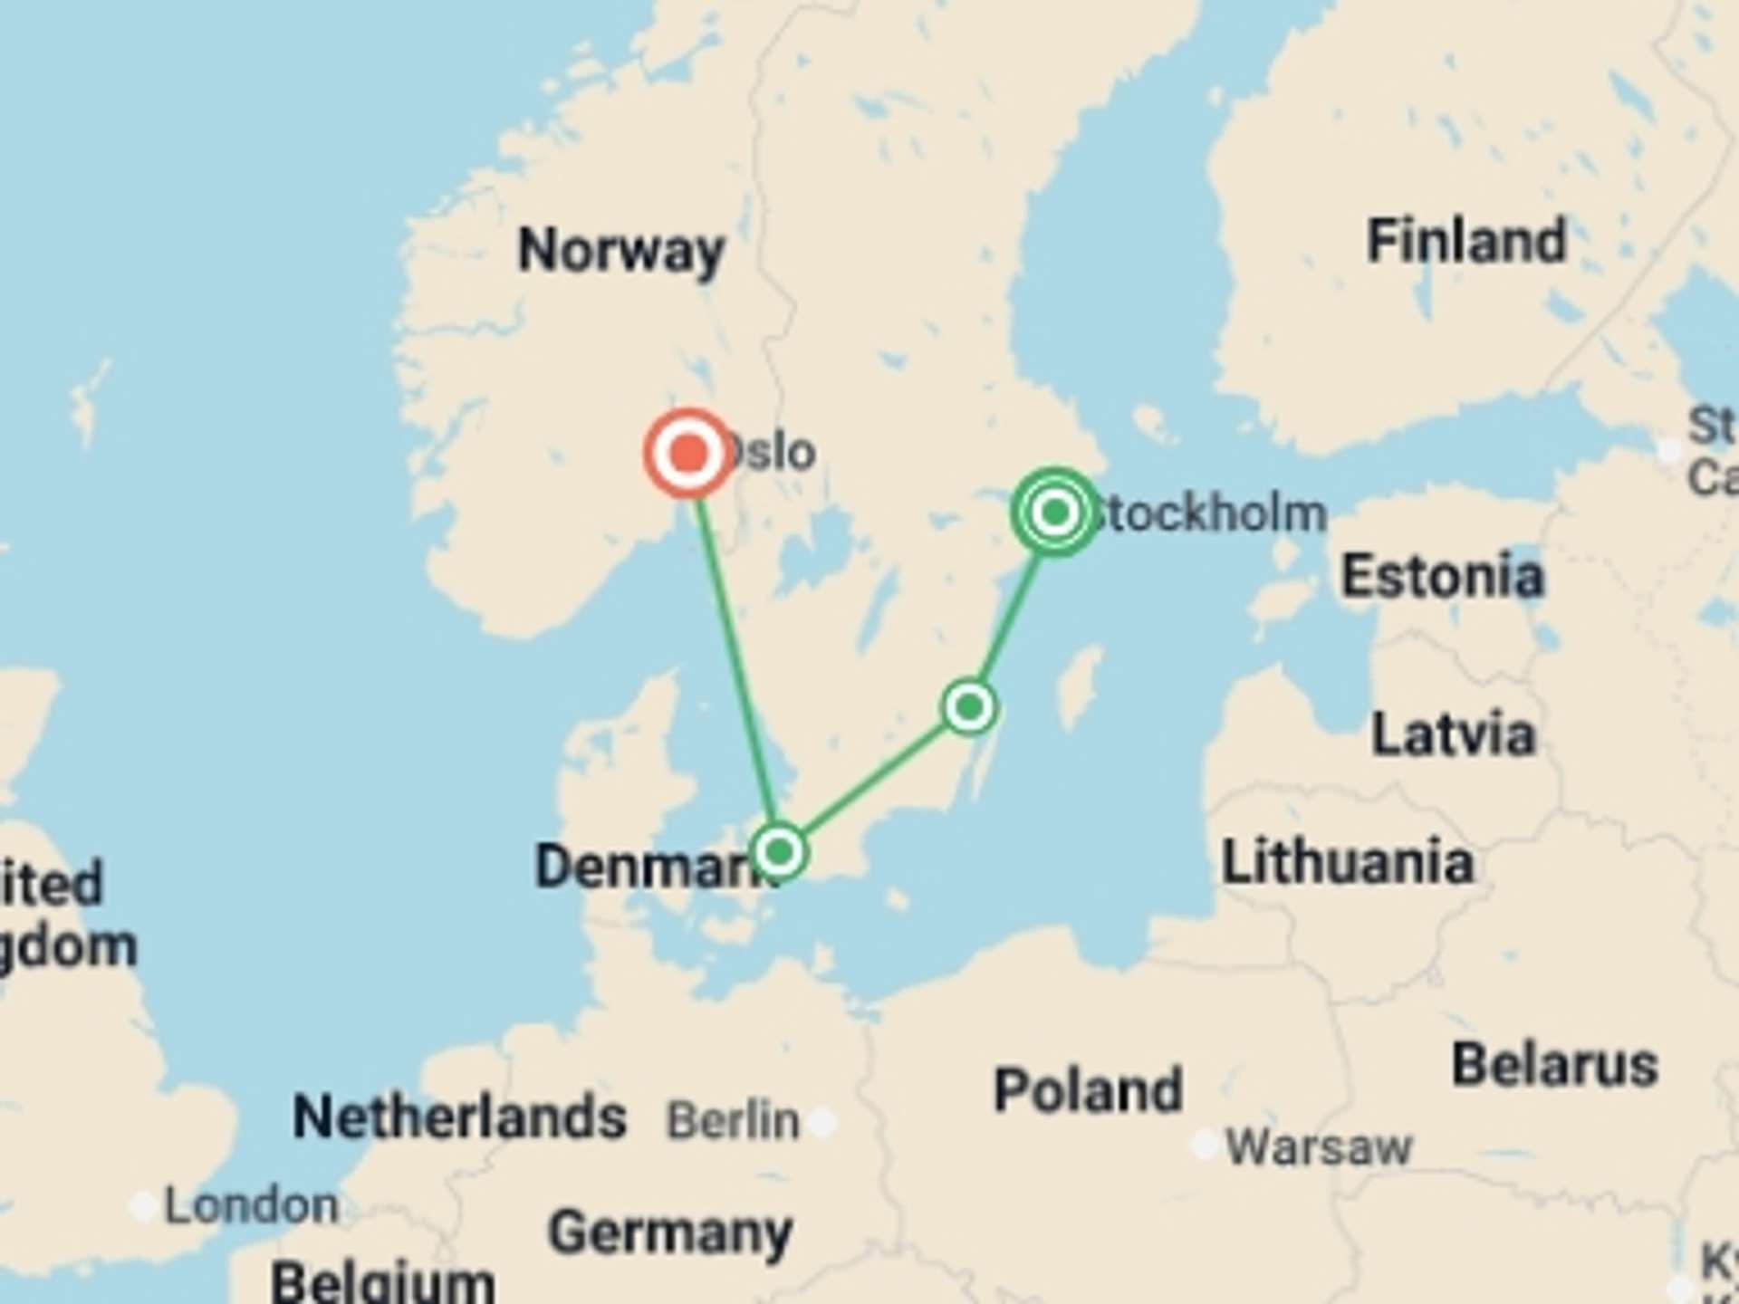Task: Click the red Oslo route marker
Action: pyautogui.click(x=689, y=453)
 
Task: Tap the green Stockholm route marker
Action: pyautogui.click(x=1054, y=513)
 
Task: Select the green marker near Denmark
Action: pyautogui.click(x=779, y=851)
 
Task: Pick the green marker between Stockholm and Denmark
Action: pyautogui.click(x=969, y=706)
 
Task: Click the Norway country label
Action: pyautogui.click(x=621, y=250)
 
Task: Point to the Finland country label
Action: pyautogui.click(x=1466, y=241)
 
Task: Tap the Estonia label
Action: pyautogui.click(x=1442, y=576)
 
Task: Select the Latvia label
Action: pyautogui.click(x=1453, y=733)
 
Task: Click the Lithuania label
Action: pyautogui.click(x=1348, y=862)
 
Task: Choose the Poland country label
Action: pyautogui.click(x=1089, y=1089)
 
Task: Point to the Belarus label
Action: pyautogui.click(x=1555, y=1064)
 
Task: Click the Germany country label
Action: pyautogui.click(x=670, y=1232)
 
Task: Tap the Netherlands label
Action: pyautogui.click(x=459, y=1117)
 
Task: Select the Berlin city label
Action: pyautogui.click(x=734, y=1121)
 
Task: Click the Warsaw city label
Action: pyautogui.click(x=1319, y=1147)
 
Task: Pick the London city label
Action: pyautogui.click(x=252, y=1206)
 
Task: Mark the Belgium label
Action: pyautogui.click(x=382, y=1281)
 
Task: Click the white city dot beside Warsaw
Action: pyautogui.click(x=1205, y=1145)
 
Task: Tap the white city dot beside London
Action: pyautogui.click(x=142, y=1206)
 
